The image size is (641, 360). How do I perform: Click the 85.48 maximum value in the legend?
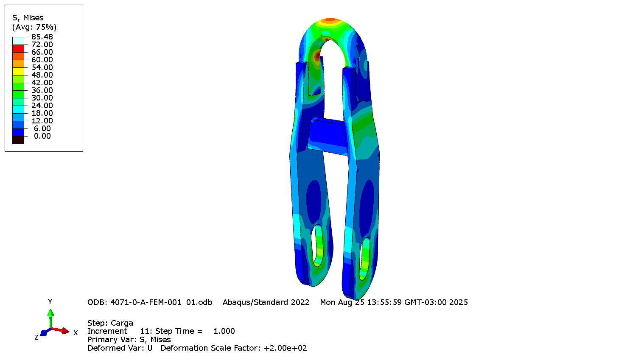point(42,37)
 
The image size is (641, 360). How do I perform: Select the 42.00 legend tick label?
point(42,83)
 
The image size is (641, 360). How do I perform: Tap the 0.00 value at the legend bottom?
point(42,136)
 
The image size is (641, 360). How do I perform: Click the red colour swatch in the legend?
point(18,48)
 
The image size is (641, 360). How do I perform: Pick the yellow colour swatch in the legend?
point(18,71)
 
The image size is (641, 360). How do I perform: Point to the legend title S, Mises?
point(28,18)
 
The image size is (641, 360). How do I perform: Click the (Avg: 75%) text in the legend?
point(34,27)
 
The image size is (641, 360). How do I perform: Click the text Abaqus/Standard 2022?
point(266,302)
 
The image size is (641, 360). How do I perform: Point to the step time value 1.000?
point(224,331)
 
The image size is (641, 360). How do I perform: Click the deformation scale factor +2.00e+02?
point(285,348)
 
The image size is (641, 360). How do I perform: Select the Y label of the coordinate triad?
point(50,301)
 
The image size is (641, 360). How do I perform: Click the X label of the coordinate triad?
point(76,333)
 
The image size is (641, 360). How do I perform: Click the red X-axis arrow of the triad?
point(62,331)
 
